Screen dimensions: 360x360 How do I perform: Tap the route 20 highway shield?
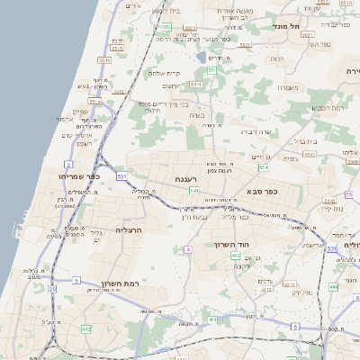pos(52,289)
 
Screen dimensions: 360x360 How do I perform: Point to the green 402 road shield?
pos(236,256)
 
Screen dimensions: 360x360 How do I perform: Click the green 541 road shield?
pos(194,190)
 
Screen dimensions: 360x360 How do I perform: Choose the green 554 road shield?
pos(263,166)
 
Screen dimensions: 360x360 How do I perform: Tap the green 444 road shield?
pos(333,286)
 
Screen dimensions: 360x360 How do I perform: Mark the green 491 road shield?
pos(212,319)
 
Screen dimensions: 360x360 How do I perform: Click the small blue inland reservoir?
pos(200,57)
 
